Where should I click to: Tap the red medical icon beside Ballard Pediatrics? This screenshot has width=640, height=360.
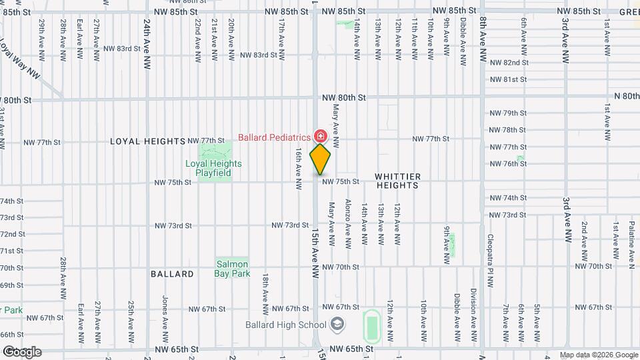pyautogui.click(x=321, y=136)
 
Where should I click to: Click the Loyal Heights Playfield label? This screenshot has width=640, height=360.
pyautogui.click(x=213, y=168)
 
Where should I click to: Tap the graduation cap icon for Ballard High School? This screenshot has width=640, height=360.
pyautogui.click(x=338, y=325)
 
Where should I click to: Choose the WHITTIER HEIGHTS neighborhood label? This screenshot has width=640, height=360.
pyautogui.click(x=397, y=181)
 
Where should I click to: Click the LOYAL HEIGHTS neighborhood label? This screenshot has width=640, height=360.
pyautogui.click(x=147, y=141)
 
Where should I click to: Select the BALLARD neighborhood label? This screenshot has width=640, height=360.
pyautogui.click(x=172, y=274)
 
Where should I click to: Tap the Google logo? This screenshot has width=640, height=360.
pyautogui.click(x=22, y=351)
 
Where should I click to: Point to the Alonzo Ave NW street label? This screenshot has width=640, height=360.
pyautogui.click(x=347, y=223)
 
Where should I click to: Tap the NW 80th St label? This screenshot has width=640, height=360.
pyautogui.click(x=343, y=97)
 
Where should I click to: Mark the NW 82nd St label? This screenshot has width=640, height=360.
pyautogui.click(x=509, y=63)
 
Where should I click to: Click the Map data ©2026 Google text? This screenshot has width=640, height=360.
pyautogui.click(x=597, y=355)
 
